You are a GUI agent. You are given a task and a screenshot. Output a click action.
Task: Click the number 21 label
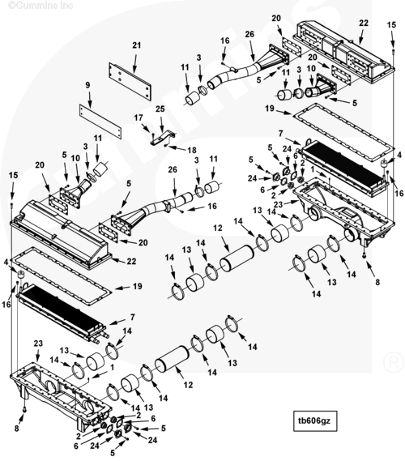(136, 45)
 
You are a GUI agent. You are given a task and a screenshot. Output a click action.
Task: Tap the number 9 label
(87, 85)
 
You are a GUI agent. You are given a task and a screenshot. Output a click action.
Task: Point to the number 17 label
(139, 117)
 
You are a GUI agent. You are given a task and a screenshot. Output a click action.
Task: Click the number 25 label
(160, 109)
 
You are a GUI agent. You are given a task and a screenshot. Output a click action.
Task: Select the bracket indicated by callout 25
(163, 137)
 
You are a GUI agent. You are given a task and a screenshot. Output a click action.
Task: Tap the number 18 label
(192, 150)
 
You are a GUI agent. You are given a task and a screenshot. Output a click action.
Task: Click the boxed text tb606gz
(315, 420)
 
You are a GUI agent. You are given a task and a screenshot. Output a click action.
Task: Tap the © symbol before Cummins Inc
(12, 5)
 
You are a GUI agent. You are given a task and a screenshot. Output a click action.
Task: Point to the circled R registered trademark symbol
(394, 362)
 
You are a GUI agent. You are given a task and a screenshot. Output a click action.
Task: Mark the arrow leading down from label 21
(135, 62)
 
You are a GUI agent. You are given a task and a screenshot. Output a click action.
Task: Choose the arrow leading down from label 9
(90, 100)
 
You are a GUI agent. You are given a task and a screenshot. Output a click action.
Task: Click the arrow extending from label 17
(146, 128)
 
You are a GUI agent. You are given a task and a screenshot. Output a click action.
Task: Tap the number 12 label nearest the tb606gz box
(188, 385)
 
